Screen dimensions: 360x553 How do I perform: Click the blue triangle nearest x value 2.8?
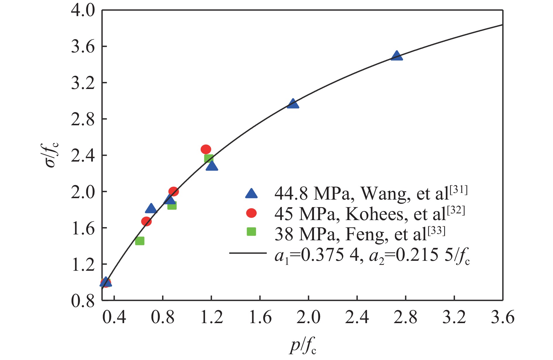(x=396, y=56)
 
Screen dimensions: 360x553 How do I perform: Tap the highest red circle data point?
(x=206, y=149)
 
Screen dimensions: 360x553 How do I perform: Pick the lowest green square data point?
(x=140, y=241)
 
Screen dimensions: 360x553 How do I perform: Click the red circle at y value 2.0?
(x=174, y=192)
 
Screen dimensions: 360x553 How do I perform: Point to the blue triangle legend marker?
(x=251, y=194)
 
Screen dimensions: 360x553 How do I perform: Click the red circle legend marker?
(x=251, y=213)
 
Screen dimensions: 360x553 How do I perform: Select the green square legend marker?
(x=251, y=232)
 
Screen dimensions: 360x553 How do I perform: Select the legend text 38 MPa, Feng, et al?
(x=360, y=234)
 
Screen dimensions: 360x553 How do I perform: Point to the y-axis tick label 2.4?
(x=83, y=155)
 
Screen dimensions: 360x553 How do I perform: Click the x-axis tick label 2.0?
(x=308, y=317)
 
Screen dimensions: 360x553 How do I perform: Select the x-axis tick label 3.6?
(x=502, y=317)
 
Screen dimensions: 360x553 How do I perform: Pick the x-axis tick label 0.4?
(x=114, y=317)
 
